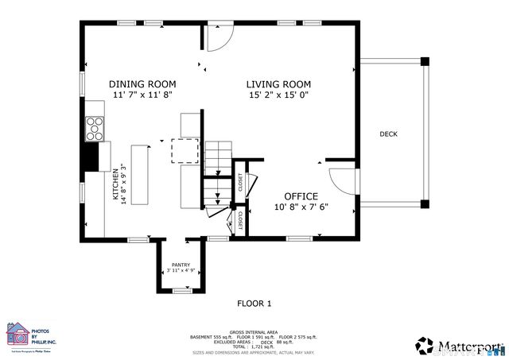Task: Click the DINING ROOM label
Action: (x=142, y=84)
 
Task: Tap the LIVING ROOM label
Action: (x=278, y=84)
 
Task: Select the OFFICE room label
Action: (x=301, y=196)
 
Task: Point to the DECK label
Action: (x=388, y=134)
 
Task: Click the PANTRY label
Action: (x=181, y=265)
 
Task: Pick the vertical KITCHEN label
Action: (x=115, y=184)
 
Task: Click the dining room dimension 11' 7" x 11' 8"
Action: (x=142, y=95)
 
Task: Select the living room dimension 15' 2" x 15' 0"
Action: (x=278, y=95)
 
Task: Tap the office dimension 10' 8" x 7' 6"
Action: (x=301, y=207)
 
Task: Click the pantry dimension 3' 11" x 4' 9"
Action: (x=181, y=271)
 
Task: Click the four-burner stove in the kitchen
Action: (x=95, y=127)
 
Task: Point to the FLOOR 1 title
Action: (x=254, y=303)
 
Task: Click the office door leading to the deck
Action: (x=342, y=182)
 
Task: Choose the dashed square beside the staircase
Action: (x=185, y=149)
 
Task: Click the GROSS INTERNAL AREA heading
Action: (x=254, y=331)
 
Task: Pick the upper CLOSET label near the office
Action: (x=240, y=182)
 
